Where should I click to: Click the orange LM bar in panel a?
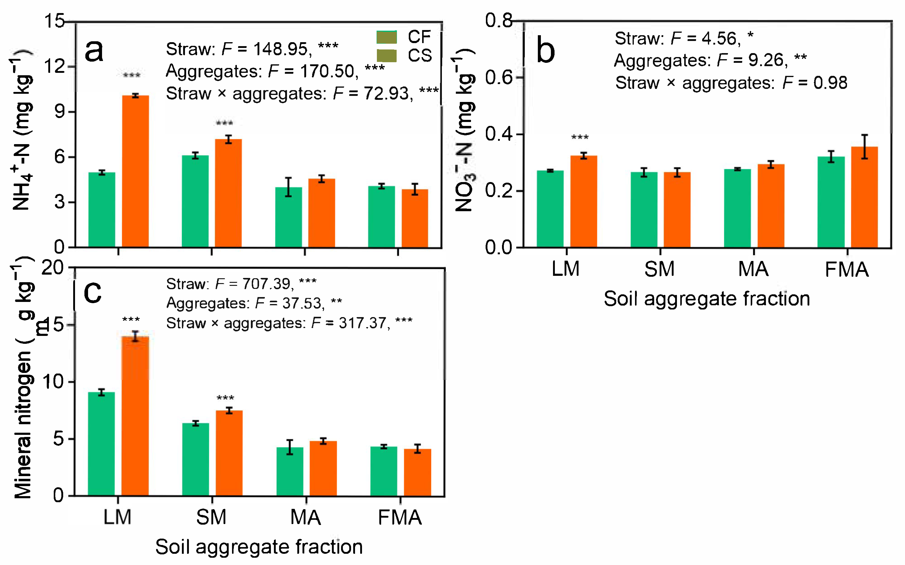[x=135, y=172]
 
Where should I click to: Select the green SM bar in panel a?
[x=195, y=202]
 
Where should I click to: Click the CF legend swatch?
[x=386, y=37]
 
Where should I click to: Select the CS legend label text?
[x=420, y=56]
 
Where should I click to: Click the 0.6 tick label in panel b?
[x=498, y=78]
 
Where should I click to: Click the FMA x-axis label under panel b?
[x=847, y=270]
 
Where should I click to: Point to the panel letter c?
[x=92, y=292]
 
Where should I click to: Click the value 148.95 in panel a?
[x=281, y=49]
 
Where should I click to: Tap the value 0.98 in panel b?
[x=830, y=83]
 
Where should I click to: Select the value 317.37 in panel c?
[x=362, y=323]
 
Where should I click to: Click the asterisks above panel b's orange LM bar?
[x=580, y=137]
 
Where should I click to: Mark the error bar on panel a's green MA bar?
[x=288, y=187]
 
